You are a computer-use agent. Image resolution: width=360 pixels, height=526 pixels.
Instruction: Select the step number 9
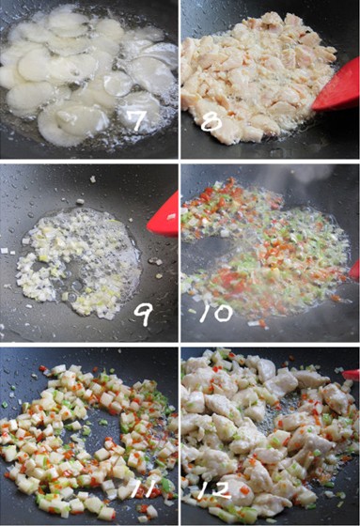click(144, 316)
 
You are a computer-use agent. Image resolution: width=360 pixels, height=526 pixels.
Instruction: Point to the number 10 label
click(215, 314)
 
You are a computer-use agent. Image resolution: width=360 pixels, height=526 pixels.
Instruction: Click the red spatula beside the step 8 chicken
click(337, 85)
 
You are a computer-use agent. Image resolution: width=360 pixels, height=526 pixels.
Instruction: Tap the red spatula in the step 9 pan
click(164, 215)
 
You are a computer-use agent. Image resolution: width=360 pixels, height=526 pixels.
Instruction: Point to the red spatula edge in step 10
click(354, 271)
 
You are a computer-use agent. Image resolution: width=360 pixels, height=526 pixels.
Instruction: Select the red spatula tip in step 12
click(352, 375)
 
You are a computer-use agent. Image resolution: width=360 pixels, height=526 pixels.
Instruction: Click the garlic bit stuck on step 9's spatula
click(172, 217)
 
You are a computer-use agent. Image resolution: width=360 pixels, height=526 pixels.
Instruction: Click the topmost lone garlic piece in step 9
click(93, 179)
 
